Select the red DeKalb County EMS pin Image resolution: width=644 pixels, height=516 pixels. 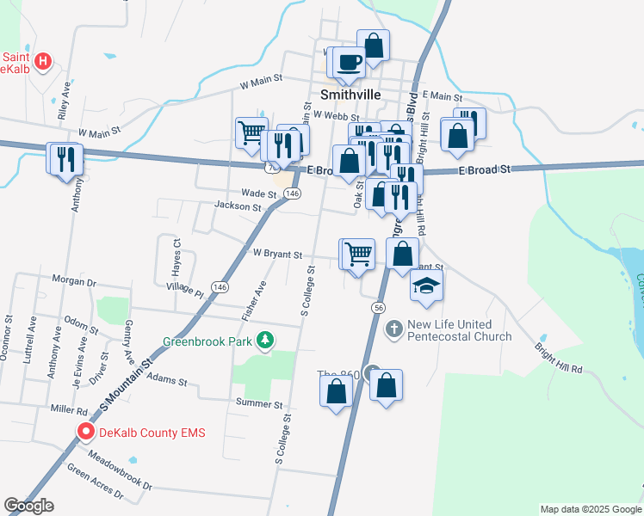click(86, 433)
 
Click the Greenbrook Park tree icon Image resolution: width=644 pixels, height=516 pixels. click(266, 341)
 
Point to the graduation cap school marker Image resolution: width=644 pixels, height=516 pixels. click(425, 286)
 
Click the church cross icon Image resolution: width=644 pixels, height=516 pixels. click(394, 329)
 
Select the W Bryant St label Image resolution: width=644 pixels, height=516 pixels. click(277, 255)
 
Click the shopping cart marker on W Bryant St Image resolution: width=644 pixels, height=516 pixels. click(358, 255)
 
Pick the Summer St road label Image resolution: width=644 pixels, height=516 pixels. click(259, 403)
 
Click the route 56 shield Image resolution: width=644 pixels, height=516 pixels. click(378, 307)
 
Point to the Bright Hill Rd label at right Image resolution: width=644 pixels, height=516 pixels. click(558, 357)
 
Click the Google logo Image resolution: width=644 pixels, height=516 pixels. click(28, 506)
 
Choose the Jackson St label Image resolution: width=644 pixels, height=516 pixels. click(238, 206)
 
